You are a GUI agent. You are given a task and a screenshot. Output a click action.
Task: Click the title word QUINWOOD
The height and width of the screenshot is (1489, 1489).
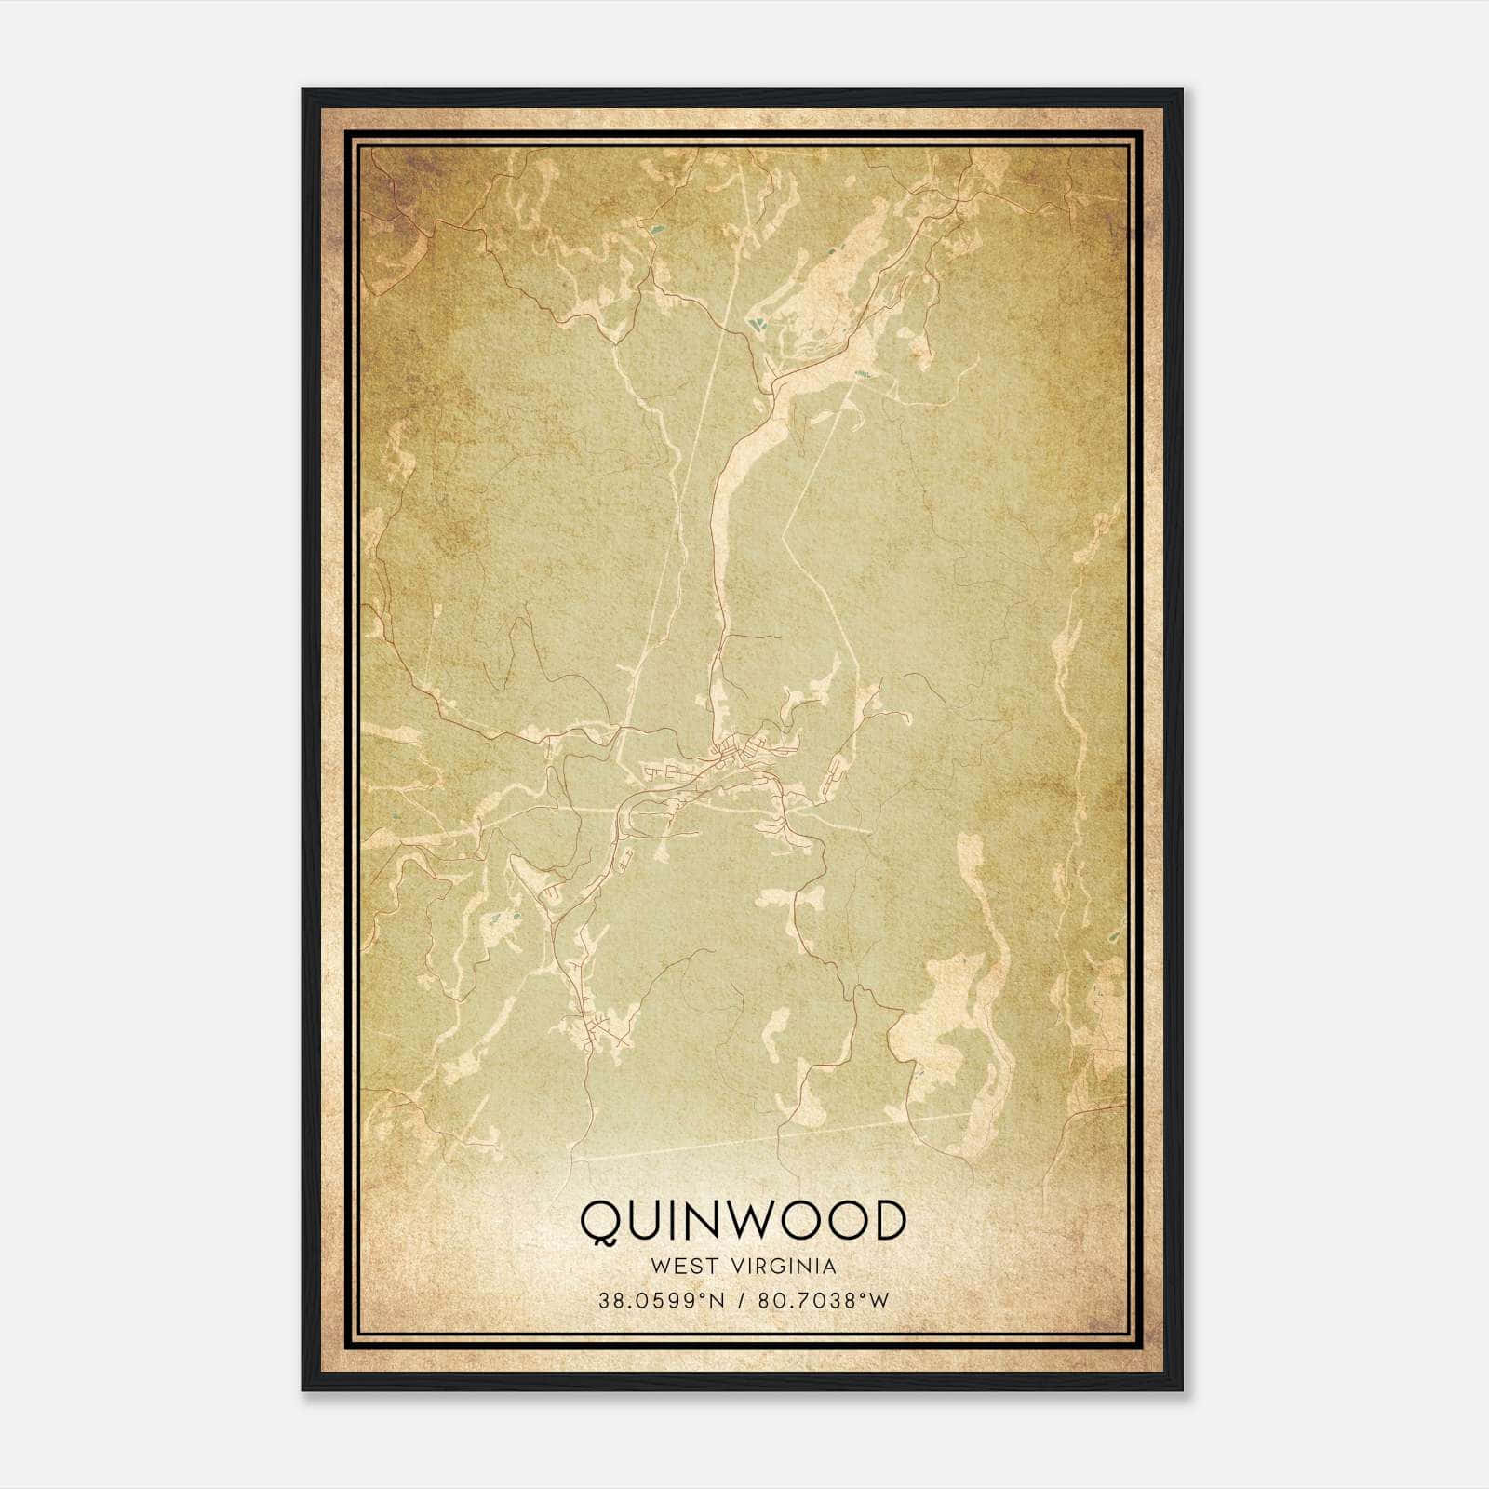click(743, 1220)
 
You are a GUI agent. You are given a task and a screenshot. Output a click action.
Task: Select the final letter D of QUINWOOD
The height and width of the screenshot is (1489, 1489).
click(889, 1220)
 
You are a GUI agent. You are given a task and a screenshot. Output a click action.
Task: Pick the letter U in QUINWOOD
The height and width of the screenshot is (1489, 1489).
click(649, 1220)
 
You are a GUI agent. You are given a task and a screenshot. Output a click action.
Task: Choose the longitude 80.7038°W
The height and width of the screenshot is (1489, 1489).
click(822, 1301)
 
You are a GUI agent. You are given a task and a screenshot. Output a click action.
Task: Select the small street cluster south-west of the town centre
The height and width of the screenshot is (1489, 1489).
click(591, 1028)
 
